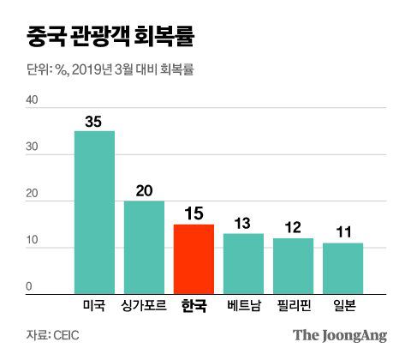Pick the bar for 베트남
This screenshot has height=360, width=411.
coord(243,265)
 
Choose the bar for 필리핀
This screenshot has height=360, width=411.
coord(293,267)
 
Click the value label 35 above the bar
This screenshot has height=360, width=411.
coord(94,122)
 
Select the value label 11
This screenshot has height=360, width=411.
coord(342,232)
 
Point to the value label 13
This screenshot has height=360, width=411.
coord(243,223)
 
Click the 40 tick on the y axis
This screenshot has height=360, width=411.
coord(33,99)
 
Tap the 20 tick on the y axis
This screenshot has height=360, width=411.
coord(33,194)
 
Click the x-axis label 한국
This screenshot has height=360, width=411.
coord(194,306)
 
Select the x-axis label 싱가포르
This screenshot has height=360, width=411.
coord(144,306)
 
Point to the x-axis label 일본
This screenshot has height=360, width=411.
coord(342,306)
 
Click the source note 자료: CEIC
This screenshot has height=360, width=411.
coord(50,335)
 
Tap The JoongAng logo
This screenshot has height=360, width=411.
coord(340,335)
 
